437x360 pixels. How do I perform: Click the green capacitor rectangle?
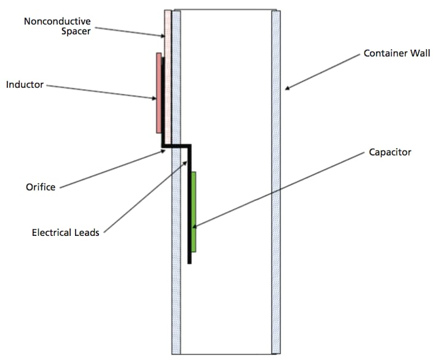click(x=194, y=211)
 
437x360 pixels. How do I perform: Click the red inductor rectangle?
click(x=159, y=92)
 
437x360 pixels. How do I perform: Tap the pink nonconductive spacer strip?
click(x=168, y=37)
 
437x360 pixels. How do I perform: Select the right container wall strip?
click(x=276, y=184)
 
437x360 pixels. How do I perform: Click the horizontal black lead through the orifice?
click(x=177, y=146)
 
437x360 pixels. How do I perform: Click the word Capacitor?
click(x=390, y=152)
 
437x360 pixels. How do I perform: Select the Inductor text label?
click(x=25, y=84)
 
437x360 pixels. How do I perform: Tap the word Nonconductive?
click(x=57, y=22)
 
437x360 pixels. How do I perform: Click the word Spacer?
click(x=76, y=31)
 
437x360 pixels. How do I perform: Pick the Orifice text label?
click(x=41, y=187)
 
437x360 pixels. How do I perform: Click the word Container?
click(x=384, y=53)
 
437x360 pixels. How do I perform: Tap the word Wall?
click(x=418, y=53)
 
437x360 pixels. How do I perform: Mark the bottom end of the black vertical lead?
click(x=189, y=262)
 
